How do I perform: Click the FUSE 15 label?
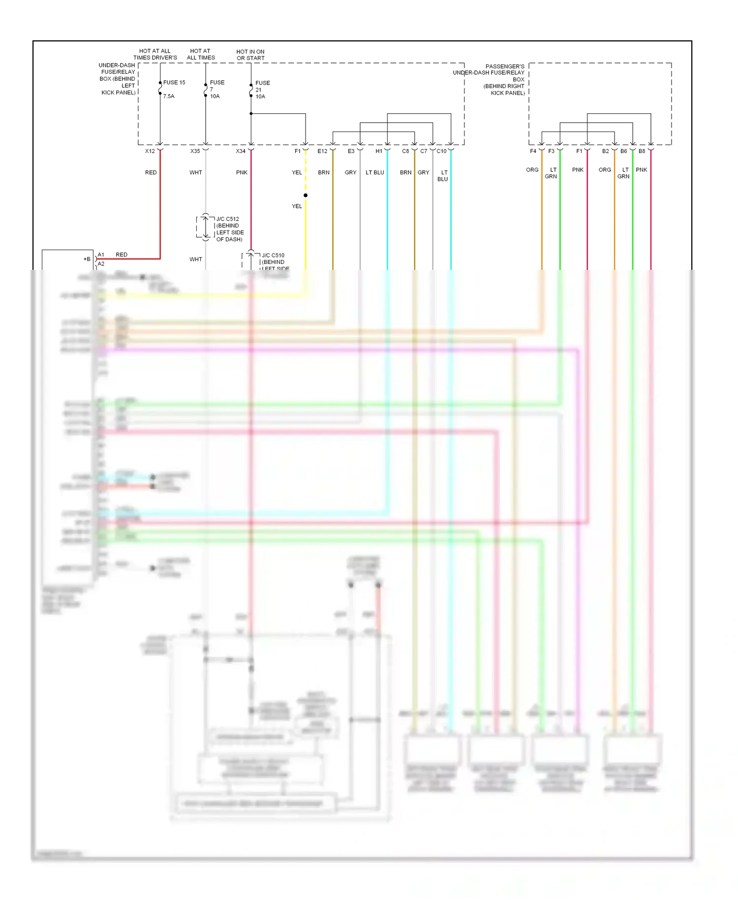174,83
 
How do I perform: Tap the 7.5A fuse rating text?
169,96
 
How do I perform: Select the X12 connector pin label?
150,151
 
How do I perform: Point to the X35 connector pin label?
195,151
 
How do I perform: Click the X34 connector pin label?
241,151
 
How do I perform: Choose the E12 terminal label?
322,151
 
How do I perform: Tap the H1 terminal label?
379,151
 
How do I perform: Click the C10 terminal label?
441,151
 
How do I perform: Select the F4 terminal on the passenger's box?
533,151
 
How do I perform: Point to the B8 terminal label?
642,151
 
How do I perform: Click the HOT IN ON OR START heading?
250,55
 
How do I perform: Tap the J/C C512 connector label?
228,219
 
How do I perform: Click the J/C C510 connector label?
273,256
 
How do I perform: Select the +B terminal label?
87,259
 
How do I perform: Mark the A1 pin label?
101,255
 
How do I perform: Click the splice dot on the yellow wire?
306,195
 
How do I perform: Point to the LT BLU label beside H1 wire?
375,173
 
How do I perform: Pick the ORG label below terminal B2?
605,170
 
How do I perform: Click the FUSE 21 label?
262,86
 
